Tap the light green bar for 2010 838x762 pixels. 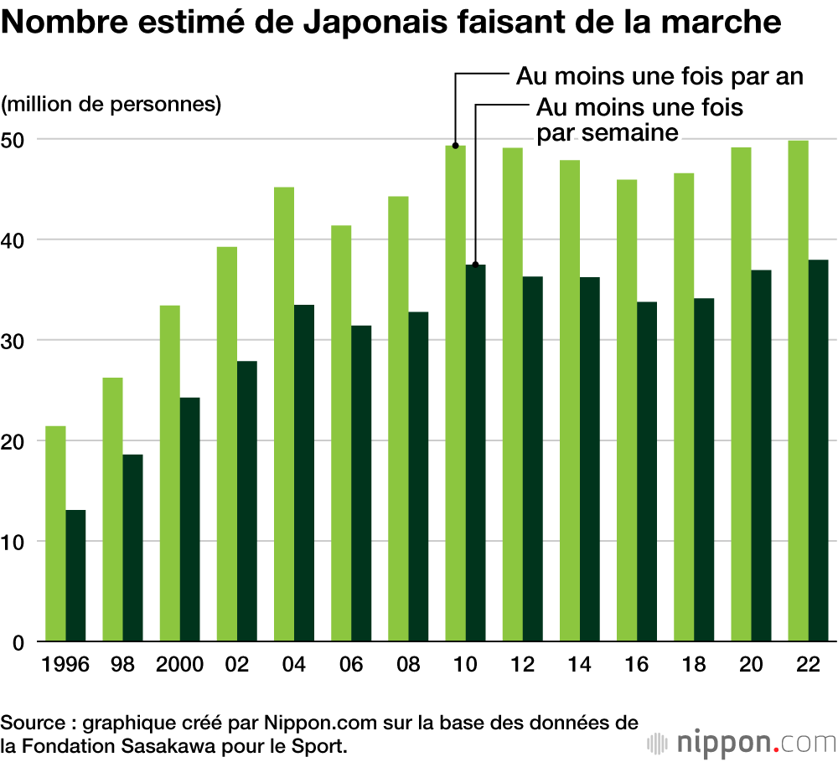coord(455,394)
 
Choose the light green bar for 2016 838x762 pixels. coord(627,410)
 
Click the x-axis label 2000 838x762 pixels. coord(179,666)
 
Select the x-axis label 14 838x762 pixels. coord(580,666)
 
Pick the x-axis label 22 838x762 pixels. coord(809,666)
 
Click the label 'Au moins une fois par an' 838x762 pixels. coord(660,76)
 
